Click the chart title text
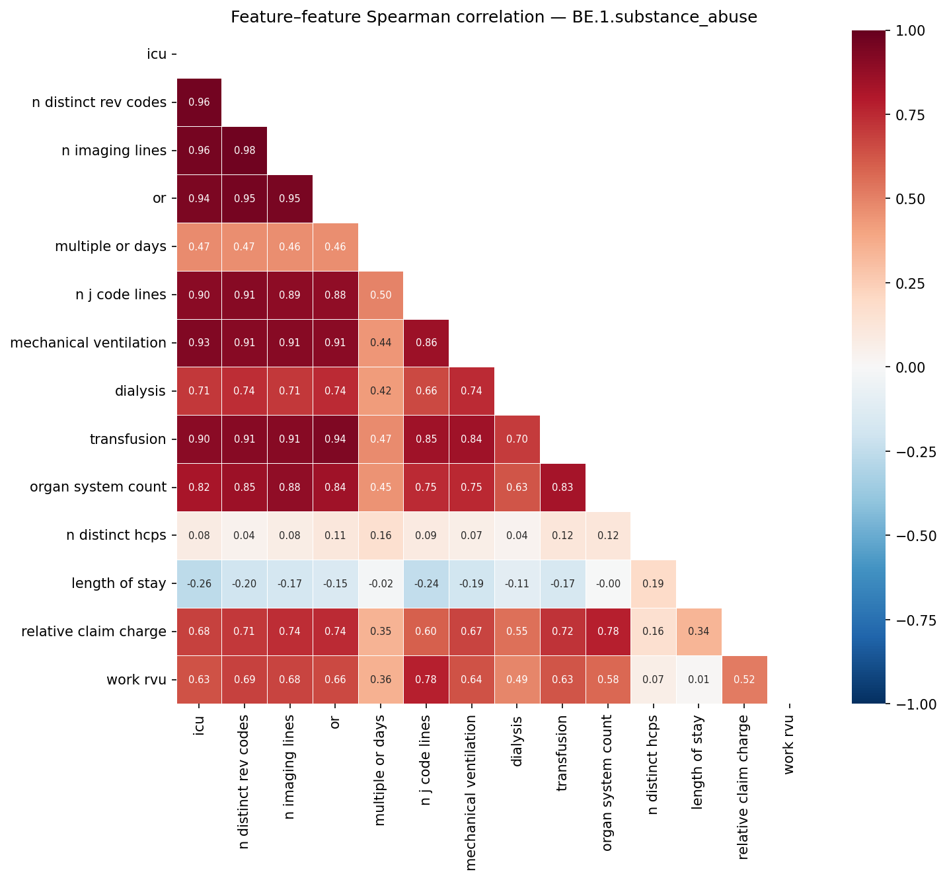494,18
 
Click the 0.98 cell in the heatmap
245,151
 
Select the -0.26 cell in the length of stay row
199,584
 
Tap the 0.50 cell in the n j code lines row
381,295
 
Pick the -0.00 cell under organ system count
608,584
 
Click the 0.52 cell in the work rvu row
744,680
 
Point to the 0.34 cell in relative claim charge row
699,632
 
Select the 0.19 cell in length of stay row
653,584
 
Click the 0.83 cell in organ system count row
562,488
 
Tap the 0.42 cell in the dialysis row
381,391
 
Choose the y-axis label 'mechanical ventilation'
88,343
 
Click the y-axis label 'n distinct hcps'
116,536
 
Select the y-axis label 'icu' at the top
157,54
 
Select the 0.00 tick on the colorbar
914,367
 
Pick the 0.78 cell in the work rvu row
426,680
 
